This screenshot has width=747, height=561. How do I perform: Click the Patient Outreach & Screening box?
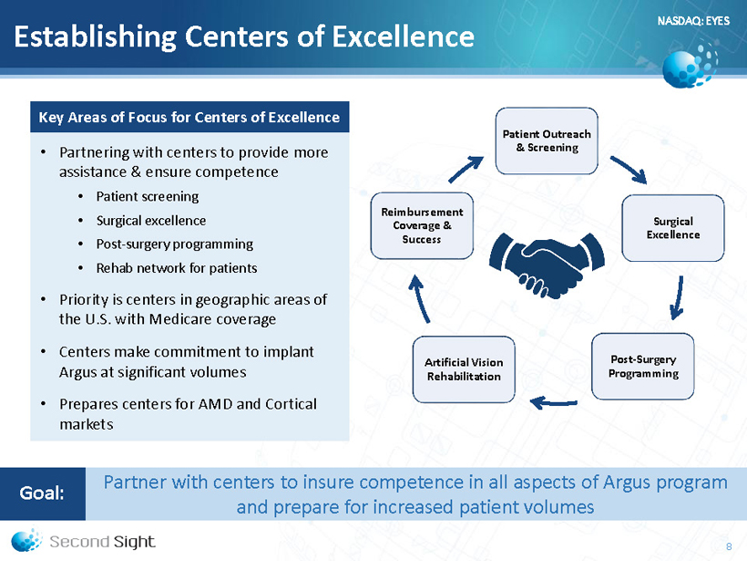pos(547,140)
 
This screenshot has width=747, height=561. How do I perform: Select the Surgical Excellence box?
pos(672,228)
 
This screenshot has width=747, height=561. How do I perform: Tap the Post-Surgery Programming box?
pos(642,367)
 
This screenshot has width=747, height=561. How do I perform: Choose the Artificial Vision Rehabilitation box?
pos(464,369)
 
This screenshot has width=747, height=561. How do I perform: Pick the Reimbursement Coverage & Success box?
pos(422,225)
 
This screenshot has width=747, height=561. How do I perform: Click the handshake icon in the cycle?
pos(547,265)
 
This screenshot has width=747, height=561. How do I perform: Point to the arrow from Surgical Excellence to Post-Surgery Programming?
pos(678,298)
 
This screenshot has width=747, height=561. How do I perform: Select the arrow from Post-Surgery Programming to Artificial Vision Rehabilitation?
pos(554,403)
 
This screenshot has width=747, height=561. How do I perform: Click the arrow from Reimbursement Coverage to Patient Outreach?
pos(466,170)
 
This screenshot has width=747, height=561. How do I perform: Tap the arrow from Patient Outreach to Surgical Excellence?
pos(629,170)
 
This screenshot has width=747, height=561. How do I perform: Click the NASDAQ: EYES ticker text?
pos(693,20)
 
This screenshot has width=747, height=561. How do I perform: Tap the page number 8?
pos(729,546)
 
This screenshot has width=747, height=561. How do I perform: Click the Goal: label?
pos(42,493)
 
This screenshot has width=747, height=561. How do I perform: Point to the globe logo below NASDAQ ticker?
pos(690,67)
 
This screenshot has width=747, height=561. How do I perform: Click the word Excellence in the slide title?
pos(403,36)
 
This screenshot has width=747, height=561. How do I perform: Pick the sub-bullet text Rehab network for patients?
pos(177,268)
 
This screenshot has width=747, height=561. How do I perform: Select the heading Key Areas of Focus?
pos(189,118)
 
